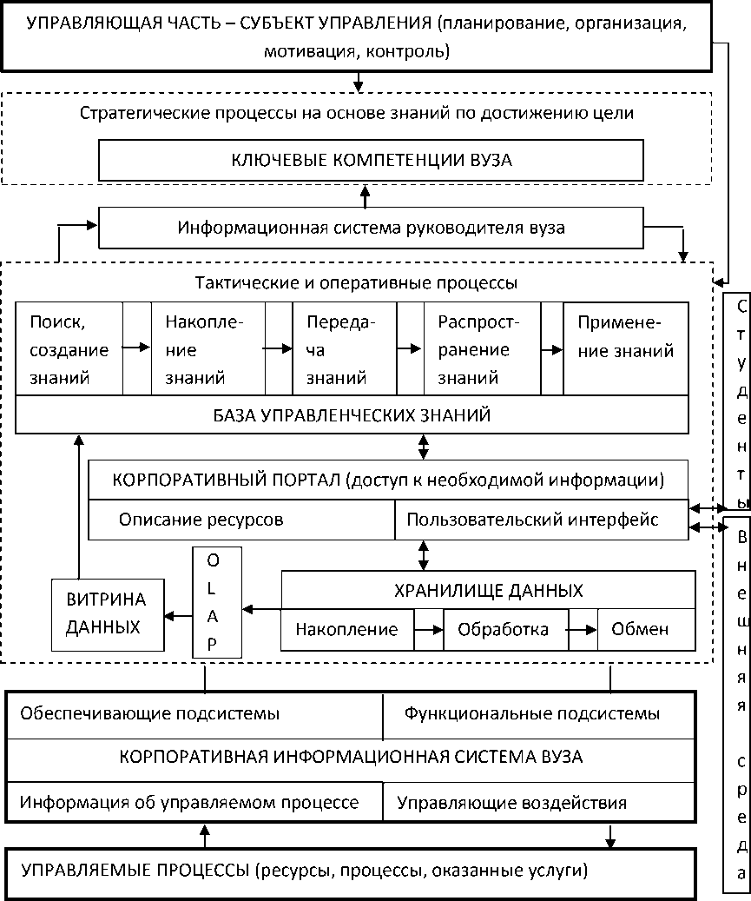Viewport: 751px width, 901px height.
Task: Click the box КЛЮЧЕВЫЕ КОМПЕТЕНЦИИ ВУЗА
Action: tap(371, 160)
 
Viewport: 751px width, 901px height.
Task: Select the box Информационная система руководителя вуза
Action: tap(371, 228)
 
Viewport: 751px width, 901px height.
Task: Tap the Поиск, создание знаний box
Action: tap(69, 350)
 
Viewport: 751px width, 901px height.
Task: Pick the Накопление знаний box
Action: tap(208, 350)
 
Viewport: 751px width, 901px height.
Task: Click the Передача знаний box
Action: tap(344, 350)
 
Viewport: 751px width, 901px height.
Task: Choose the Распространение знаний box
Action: tap(481, 350)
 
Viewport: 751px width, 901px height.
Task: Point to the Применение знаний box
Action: tap(626, 350)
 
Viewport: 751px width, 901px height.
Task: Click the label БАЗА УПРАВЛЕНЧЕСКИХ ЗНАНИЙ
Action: tap(352, 415)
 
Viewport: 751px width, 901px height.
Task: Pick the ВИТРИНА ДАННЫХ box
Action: tap(108, 613)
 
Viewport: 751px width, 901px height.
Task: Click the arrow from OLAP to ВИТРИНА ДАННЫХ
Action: tap(179, 615)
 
